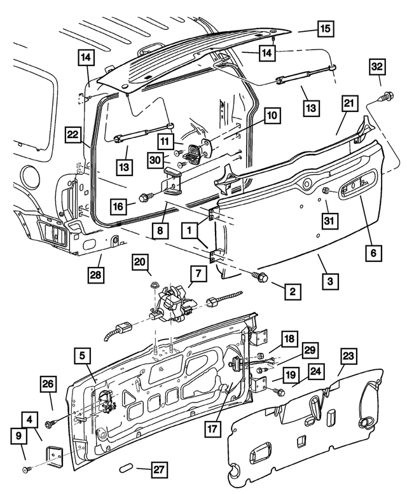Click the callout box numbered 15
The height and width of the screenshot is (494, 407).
(x=325, y=29)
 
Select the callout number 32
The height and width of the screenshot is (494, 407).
(x=376, y=67)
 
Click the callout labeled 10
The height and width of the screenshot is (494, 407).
(x=272, y=116)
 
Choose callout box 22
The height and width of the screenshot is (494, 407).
(x=74, y=135)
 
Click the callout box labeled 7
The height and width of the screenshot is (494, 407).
(x=198, y=274)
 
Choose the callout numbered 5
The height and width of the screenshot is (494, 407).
(x=83, y=356)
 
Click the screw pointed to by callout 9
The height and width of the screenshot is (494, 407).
(x=27, y=469)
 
